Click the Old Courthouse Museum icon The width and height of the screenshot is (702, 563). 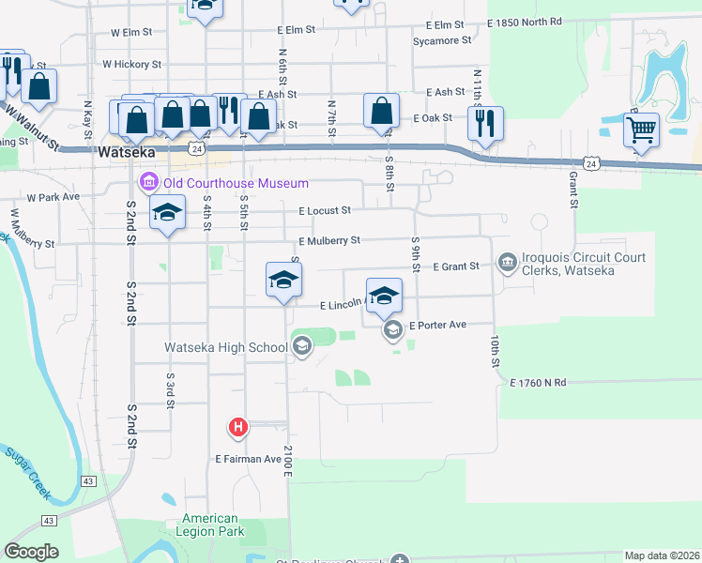coord(148,181)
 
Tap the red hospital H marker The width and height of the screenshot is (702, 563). coord(239,428)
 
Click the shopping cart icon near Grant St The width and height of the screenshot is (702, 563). coord(641,131)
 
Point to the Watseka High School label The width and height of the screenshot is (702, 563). coord(226,348)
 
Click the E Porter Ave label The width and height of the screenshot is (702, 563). coord(437,325)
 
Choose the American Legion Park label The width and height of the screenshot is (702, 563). coord(210,525)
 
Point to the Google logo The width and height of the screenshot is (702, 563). coord(32,551)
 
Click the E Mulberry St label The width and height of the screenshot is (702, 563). coord(328,241)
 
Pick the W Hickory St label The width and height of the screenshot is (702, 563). coord(132,65)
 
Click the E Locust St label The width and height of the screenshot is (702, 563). coord(325,211)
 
